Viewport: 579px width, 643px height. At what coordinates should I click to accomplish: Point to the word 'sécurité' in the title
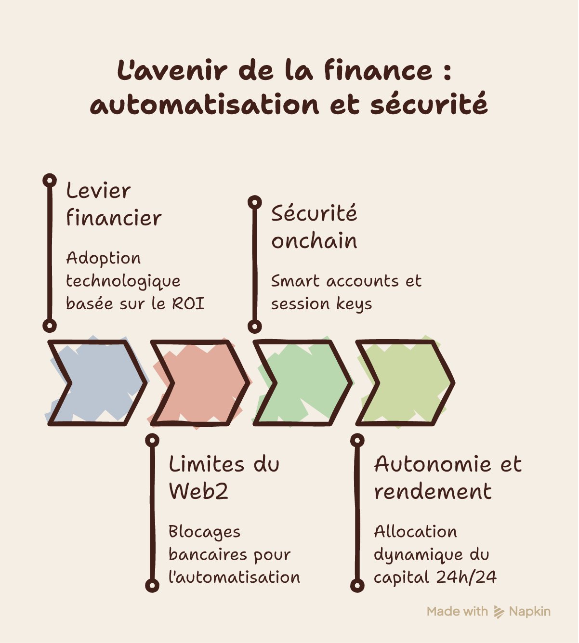(x=429, y=104)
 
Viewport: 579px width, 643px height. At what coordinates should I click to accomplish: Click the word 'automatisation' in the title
(x=205, y=104)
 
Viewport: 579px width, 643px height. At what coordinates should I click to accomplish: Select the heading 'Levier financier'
(x=114, y=205)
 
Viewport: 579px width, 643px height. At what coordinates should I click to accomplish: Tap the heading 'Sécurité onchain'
(x=314, y=227)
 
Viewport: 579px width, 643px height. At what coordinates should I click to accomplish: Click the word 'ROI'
(x=188, y=303)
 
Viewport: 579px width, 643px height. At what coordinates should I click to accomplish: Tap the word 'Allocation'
(x=416, y=532)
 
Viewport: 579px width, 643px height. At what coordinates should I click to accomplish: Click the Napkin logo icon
(x=499, y=612)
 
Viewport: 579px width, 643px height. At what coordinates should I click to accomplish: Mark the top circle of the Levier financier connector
(x=50, y=181)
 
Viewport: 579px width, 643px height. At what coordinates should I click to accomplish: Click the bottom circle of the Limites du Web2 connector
(x=152, y=586)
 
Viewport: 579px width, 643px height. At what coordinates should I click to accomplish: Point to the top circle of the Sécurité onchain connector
(x=255, y=202)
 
